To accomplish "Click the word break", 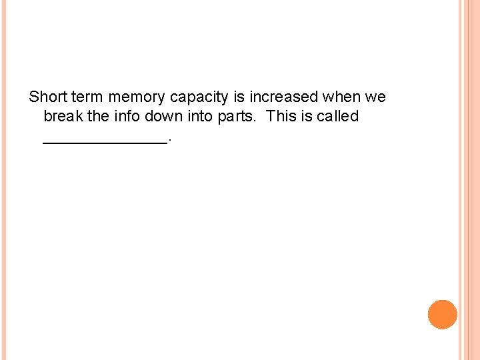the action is tap(63, 116).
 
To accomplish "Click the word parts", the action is tap(240, 117).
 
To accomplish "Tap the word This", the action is tap(280, 116).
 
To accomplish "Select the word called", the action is tap(337, 116).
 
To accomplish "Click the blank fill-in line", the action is tap(105, 141).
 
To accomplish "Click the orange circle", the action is tap(442, 315).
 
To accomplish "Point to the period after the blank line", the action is tap(171, 139).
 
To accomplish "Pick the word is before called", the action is tap(305, 116).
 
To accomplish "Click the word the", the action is tap(98, 116).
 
